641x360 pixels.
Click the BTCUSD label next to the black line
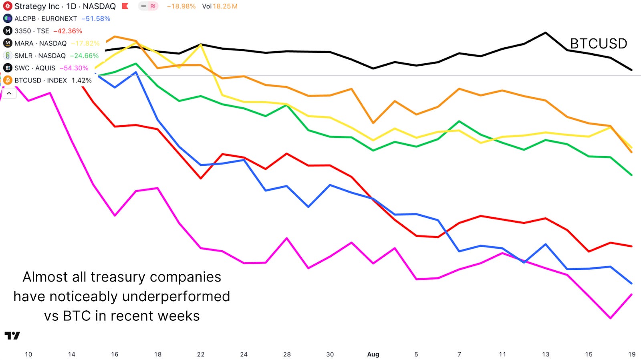pos(598,44)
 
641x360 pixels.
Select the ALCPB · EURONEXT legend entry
pos(45,18)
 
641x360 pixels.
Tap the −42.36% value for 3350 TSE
pos(68,31)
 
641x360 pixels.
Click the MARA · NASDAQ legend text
pos(40,43)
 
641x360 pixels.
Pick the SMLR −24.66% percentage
pos(84,56)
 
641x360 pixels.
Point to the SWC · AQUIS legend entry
pos(34,68)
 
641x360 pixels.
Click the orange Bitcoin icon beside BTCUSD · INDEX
pos(8,80)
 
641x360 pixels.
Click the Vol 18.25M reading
pos(220,6)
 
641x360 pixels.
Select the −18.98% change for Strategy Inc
pos(181,6)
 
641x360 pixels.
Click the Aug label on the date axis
pos(373,354)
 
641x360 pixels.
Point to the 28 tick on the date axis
pos(287,354)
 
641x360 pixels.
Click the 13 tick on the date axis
pos(546,354)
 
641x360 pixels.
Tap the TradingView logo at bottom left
pos(12,336)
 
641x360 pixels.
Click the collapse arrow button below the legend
pos(9,93)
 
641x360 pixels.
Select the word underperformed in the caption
pos(176,297)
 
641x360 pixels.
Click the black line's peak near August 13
pos(546,33)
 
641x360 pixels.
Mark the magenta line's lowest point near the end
pos(610,318)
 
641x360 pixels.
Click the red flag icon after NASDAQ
pos(125,6)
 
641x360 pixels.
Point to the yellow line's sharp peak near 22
pos(201,44)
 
